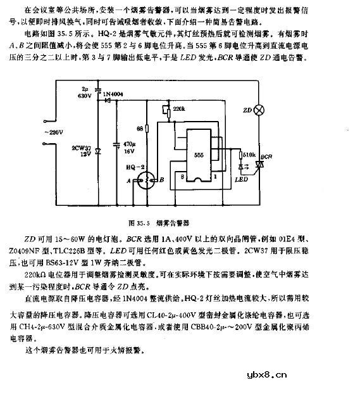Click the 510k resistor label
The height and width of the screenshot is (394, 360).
[249, 153]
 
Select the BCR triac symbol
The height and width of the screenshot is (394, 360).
[259, 167]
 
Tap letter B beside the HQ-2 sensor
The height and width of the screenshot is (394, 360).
[162, 181]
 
